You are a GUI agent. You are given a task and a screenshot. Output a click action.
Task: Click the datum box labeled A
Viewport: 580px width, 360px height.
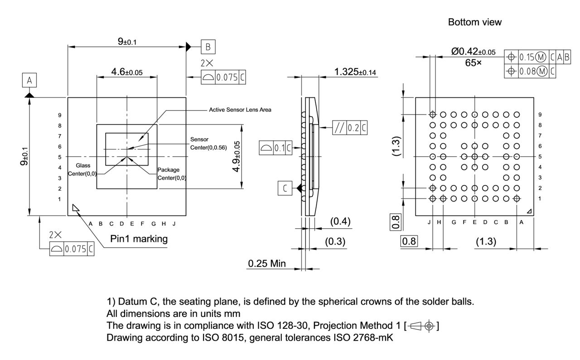tap(29, 81)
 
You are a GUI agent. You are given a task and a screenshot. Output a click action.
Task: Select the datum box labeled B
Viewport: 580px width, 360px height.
tap(208, 47)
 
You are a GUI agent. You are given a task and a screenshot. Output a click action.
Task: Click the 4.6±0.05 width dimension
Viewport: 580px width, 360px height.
tap(126, 72)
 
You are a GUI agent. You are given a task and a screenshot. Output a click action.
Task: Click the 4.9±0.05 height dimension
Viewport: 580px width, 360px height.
tap(237, 156)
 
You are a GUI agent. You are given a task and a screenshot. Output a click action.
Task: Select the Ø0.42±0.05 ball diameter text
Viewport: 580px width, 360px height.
tap(473, 52)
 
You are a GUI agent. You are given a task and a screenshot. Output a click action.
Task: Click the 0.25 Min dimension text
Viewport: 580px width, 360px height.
tap(267, 263)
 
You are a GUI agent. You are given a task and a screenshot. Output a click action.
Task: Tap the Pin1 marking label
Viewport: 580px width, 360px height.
tap(139, 239)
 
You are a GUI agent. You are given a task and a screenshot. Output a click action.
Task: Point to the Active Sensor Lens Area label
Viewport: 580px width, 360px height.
tap(240, 110)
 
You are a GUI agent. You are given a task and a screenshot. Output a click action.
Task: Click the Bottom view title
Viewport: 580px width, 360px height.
tap(474, 22)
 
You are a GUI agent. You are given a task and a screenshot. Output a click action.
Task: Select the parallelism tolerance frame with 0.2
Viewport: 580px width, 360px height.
tap(349, 128)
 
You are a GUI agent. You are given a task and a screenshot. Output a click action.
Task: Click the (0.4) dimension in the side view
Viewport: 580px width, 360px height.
tap(340, 221)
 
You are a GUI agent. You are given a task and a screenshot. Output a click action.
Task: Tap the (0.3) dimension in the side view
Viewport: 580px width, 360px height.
tap(335, 242)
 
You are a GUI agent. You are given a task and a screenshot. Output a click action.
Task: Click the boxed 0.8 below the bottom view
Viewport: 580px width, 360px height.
tap(409, 241)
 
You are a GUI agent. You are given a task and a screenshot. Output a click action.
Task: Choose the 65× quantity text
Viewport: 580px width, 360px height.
tap(473, 63)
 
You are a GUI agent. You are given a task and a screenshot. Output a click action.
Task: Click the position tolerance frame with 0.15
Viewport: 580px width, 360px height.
tap(538, 57)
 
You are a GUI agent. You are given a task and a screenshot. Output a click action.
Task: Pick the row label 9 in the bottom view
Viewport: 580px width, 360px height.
tap(540, 115)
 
